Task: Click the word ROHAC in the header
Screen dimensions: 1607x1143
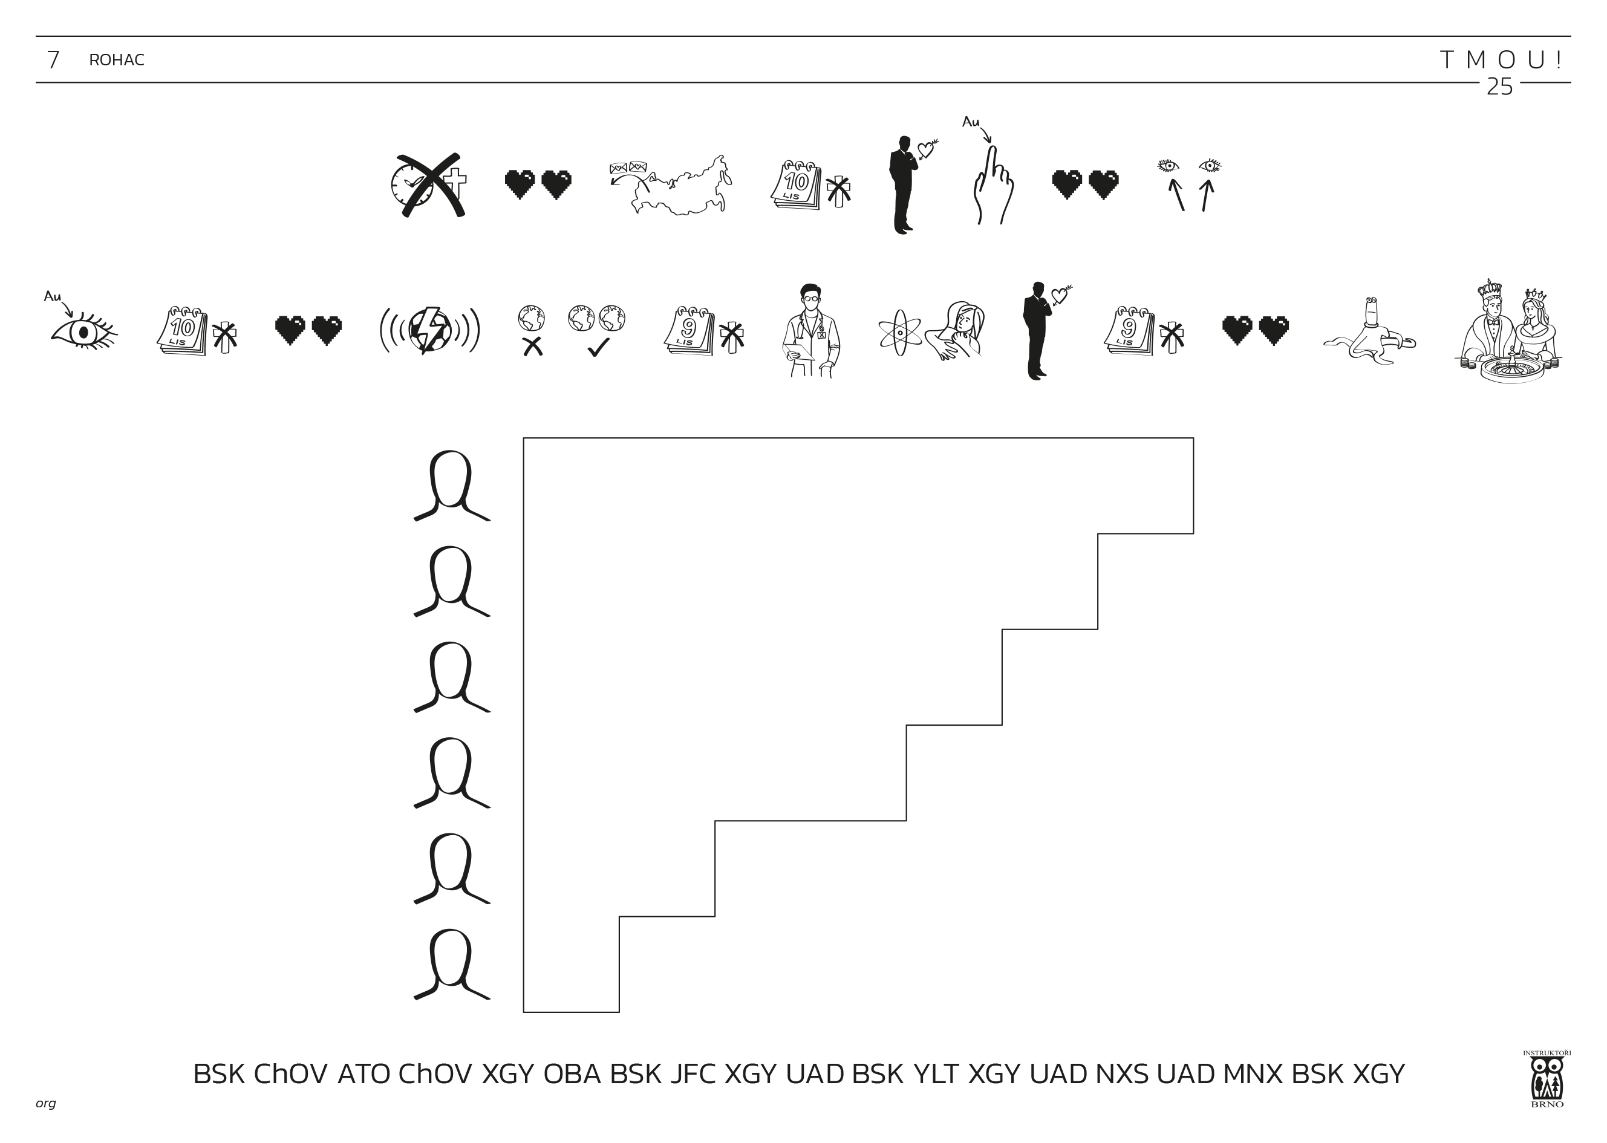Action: tap(116, 60)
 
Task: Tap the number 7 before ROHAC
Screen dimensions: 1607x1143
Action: tap(53, 60)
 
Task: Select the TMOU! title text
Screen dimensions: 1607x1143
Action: tap(1501, 60)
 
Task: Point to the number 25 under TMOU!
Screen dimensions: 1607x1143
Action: tap(1499, 86)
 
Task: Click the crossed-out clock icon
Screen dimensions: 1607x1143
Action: tap(428, 185)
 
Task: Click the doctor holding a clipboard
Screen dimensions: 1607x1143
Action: tap(811, 331)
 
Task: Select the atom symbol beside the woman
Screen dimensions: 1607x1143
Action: tap(899, 332)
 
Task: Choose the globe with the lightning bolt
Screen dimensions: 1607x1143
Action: tap(429, 330)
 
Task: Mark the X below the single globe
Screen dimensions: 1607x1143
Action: tap(533, 347)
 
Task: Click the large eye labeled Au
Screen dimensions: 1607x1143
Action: tap(83, 331)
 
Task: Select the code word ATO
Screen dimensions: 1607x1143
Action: tap(363, 1073)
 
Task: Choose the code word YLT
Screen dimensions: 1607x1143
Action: tap(936, 1073)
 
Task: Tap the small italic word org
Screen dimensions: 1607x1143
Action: tap(46, 1103)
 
